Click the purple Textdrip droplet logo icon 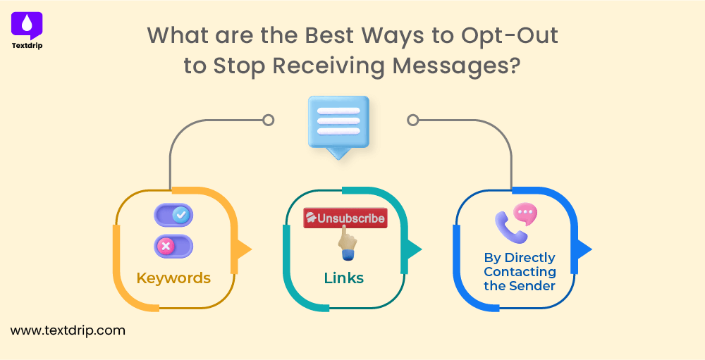(27, 25)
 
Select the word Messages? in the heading (456, 65)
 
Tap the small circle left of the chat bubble (268, 120)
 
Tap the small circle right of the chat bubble (413, 120)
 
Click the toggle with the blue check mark (173, 215)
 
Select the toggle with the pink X (173, 246)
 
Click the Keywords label (173, 278)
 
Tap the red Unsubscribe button (345, 218)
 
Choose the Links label (344, 278)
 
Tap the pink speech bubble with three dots (525, 213)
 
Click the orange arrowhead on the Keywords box (244, 249)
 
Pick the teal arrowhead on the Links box (414, 249)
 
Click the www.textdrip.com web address (68, 329)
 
